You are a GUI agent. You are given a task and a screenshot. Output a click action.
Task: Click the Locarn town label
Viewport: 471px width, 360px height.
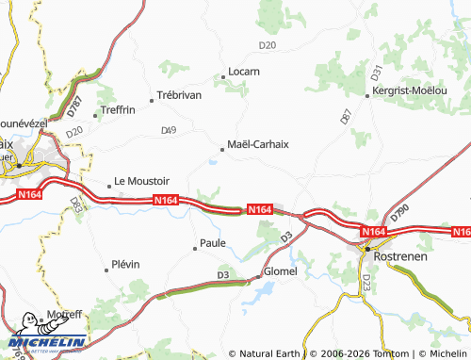pyautogui.click(x=244, y=72)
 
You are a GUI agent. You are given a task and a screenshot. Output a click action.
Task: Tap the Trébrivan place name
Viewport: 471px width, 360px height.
pyautogui.click(x=181, y=97)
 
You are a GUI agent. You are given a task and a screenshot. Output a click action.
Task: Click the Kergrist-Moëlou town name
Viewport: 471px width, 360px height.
pyautogui.click(x=411, y=95)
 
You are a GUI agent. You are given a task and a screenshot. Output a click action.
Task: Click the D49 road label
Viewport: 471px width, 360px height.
pyautogui.click(x=169, y=129)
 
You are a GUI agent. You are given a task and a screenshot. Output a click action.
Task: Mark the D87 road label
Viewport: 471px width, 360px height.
pyautogui.click(x=346, y=118)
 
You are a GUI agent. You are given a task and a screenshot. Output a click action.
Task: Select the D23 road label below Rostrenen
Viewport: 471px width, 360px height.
pyautogui.click(x=366, y=282)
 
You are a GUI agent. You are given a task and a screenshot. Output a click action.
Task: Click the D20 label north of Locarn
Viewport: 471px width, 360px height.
pyautogui.click(x=268, y=45)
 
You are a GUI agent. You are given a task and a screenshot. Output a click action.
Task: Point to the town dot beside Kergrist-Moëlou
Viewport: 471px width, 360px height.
pyautogui.click(x=367, y=95)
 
